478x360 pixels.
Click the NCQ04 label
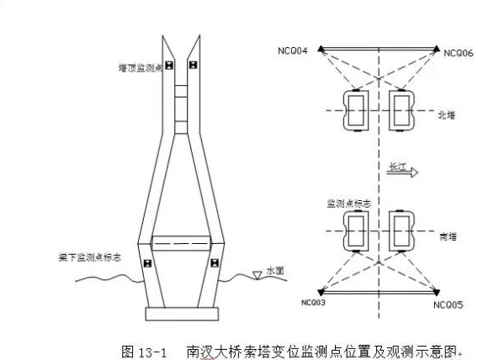(x=292, y=50)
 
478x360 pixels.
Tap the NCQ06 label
(x=458, y=53)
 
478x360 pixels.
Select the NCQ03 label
(x=313, y=303)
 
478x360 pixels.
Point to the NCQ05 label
(x=448, y=304)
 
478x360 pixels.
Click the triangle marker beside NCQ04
(x=321, y=49)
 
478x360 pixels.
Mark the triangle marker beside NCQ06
(x=437, y=49)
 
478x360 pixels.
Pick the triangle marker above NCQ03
(x=321, y=293)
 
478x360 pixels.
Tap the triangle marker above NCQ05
(x=437, y=293)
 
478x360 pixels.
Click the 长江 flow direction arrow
(x=402, y=172)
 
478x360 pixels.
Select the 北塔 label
(x=446, y=115)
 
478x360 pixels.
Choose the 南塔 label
(x=448, y=236)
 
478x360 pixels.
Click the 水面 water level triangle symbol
(x=258, y=275)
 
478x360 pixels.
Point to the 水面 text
(x=275, y=271)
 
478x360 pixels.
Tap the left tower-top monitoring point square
(x=169, y=65)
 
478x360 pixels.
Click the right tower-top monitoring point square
(x=194, y=65)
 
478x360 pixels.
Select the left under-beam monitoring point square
(x=147, y=263)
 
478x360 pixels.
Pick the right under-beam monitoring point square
(x=215, y=262)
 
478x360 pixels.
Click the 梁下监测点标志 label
(x=90, y=257)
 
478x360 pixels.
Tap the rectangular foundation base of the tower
(x=182, y=314)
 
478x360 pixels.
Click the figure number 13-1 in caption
(x=152, y=352)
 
